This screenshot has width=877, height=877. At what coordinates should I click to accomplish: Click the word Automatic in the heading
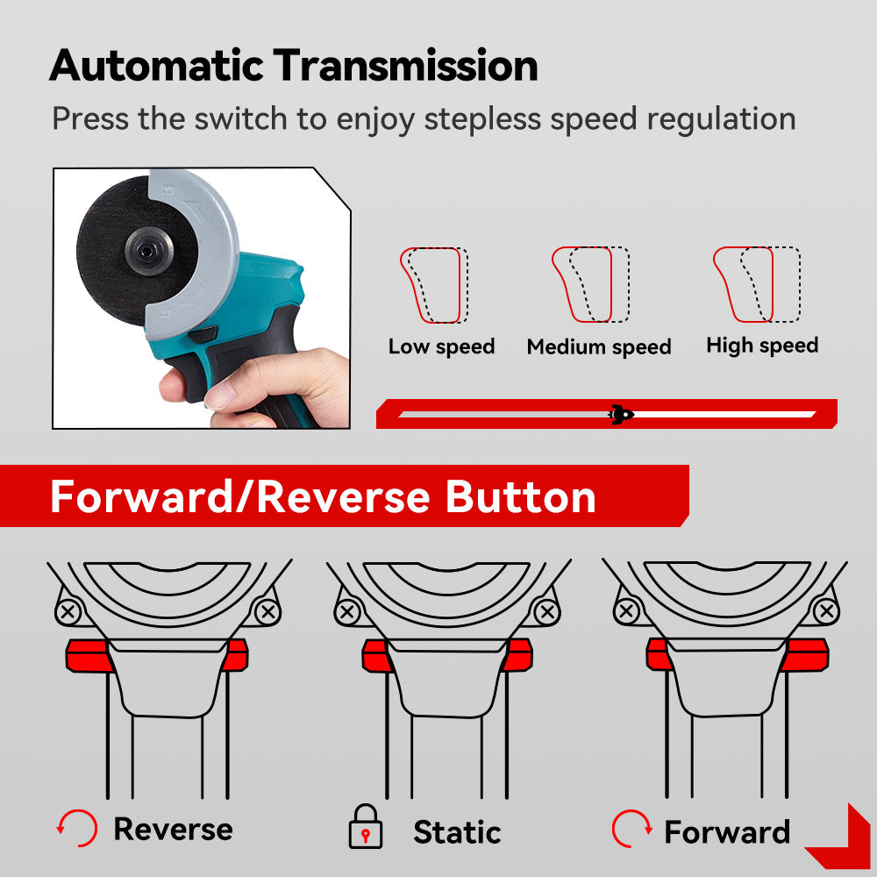coord(156,66)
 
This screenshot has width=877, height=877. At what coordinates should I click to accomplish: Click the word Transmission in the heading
coord(405,66)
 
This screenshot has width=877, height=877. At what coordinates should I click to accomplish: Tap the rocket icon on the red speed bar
coord(621,415)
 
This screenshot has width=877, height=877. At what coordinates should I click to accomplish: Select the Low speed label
coord(441,346)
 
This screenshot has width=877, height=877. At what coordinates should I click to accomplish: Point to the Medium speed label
coord(599,347)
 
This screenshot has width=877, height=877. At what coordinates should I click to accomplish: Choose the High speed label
coord(762,346)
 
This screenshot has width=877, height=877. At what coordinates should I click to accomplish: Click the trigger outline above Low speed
coord(434,285)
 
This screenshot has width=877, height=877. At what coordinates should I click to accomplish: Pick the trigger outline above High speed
coord(757,285)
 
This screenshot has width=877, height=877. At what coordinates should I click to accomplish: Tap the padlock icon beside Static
coord(366,827)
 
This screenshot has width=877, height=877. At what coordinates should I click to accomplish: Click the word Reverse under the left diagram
coord(174,829)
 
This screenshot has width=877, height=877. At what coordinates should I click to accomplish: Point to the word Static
coord(457,832)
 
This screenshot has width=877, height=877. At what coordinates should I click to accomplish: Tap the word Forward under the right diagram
coord(727,832)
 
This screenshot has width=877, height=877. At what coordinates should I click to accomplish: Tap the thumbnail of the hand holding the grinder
coord(202,298)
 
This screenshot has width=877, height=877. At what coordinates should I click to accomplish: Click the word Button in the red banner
coord(521,497)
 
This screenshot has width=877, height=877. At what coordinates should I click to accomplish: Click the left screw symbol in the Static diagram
coord(347,610)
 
